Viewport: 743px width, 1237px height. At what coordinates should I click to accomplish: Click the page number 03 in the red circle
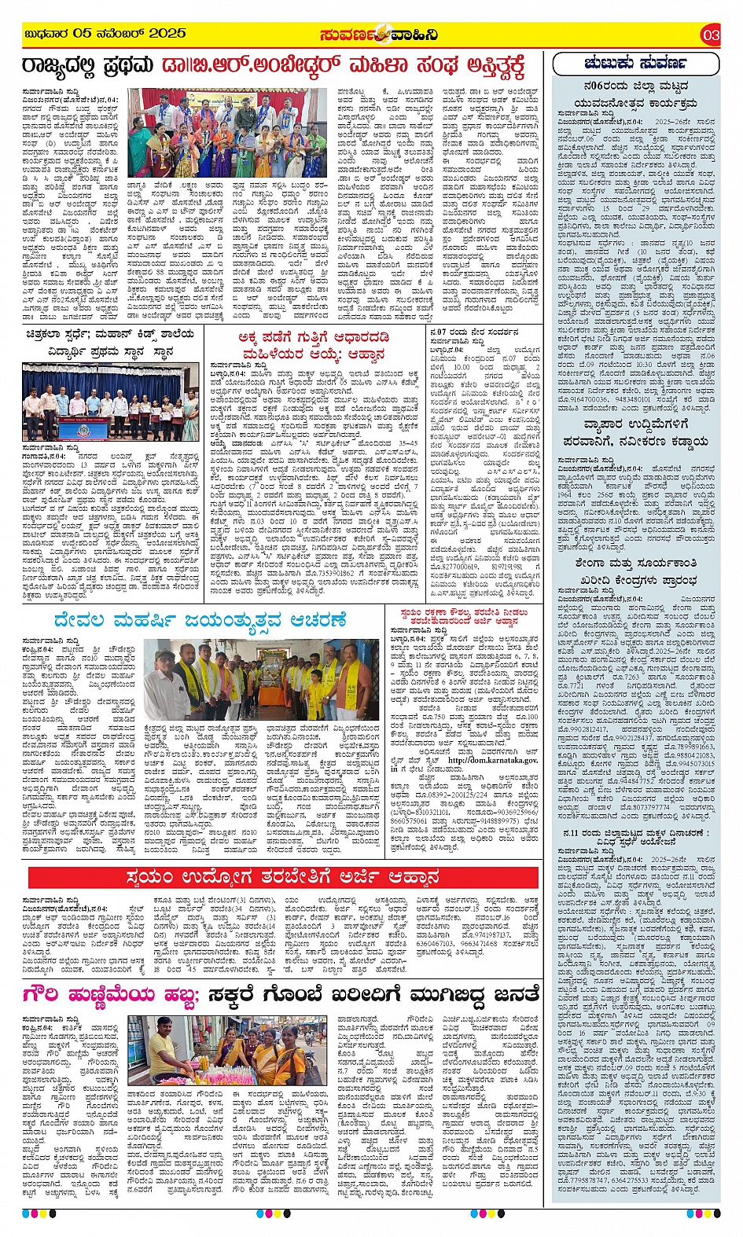(710, 35)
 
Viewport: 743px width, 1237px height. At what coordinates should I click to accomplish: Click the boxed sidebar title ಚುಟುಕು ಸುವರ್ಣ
(635, 63)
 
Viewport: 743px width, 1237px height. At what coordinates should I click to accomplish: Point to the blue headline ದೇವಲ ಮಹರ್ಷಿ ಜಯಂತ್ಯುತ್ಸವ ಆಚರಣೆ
(200, 620)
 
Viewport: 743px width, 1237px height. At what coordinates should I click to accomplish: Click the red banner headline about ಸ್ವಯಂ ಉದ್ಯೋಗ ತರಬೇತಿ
(283, 877)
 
